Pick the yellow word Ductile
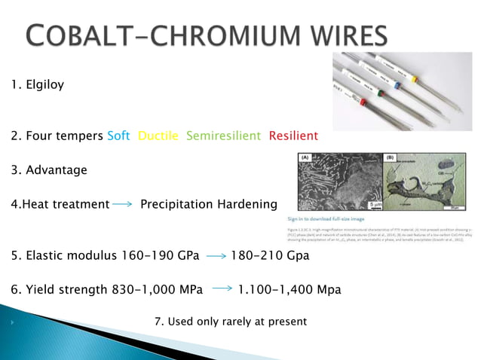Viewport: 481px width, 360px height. (158, 136)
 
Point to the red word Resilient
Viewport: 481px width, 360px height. (293, 136)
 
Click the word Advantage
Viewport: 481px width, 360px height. (57, 170)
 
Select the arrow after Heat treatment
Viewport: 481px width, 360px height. (124, 205)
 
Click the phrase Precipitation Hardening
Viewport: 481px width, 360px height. (209, 204)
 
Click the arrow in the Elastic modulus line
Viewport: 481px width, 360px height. (216, 256)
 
